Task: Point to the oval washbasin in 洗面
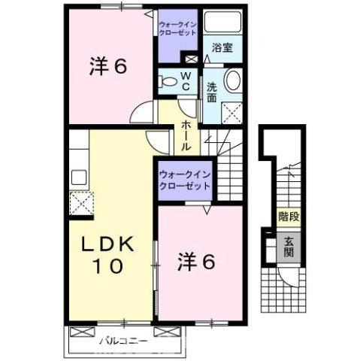234,79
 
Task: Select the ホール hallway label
186,133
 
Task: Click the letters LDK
109,244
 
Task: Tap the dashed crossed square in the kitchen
80,202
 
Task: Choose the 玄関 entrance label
289,247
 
